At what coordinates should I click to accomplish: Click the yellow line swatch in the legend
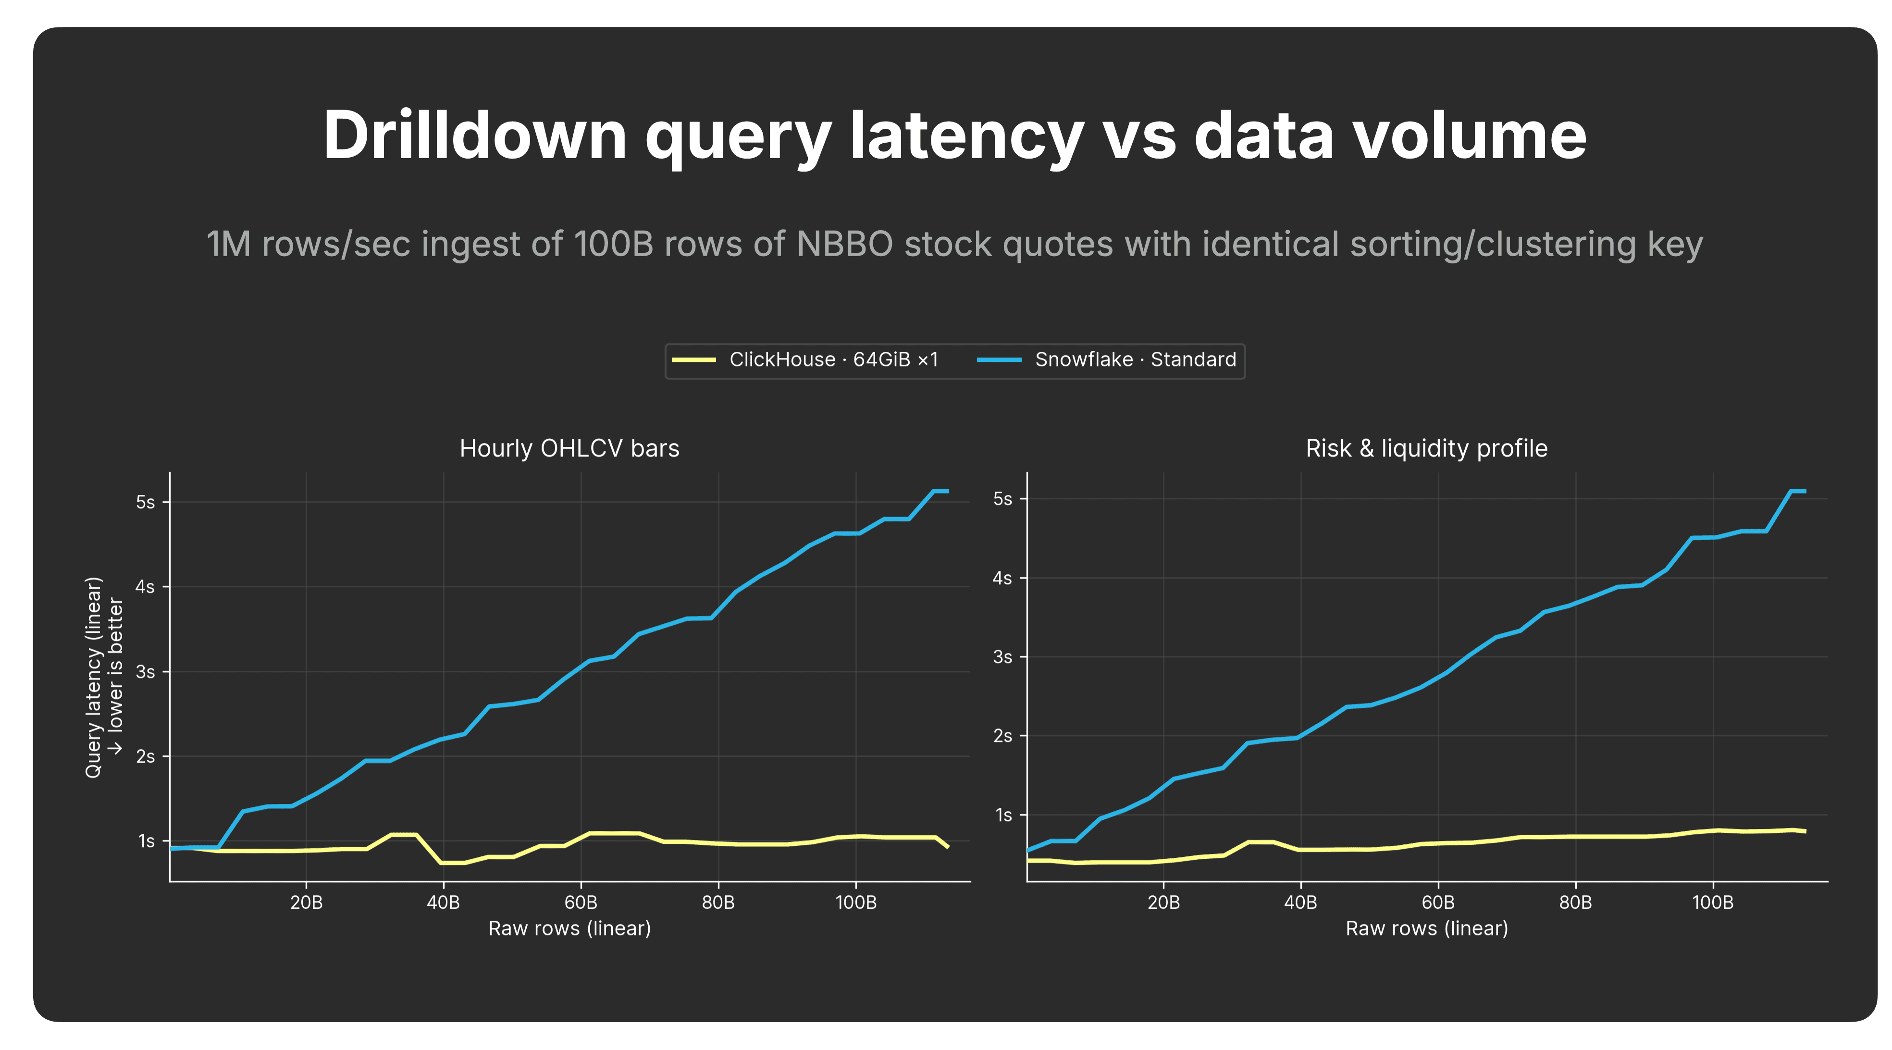click(x=693, y=360)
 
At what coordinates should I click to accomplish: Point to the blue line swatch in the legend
click(x=999, y=360)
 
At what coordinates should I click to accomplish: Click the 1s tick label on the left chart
click(x=146, y=841)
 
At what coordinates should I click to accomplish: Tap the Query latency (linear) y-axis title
click(x=93, y=677)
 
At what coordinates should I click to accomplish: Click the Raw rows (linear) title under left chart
click(x=569, y=929)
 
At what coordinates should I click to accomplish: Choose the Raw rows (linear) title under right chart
click(x=1426, y=929)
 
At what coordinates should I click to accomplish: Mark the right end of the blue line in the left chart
click(x=948, y=491)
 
